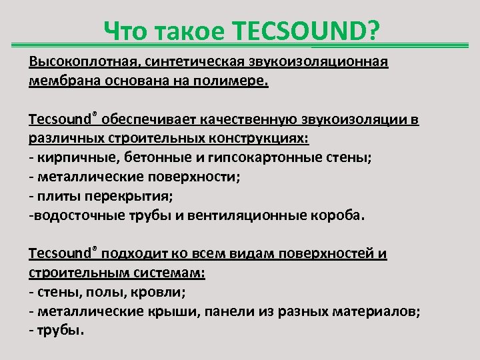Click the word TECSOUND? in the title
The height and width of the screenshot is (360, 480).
[306, 29]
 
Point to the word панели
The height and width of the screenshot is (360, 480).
[225, 311]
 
